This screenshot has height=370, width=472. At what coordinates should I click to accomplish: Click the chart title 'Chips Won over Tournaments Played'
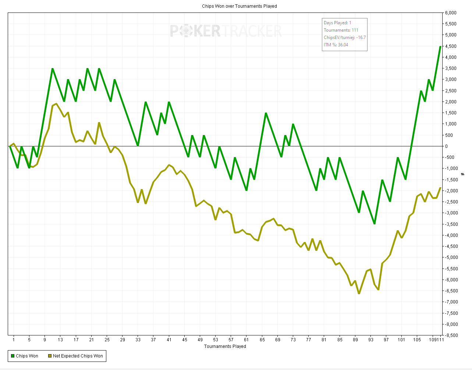point(239,6)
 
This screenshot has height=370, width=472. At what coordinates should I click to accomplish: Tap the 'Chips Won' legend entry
point(25,356)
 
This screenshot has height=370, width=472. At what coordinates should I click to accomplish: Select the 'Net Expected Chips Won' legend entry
point(75,356)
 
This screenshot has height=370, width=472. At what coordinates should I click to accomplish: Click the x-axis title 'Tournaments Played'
point(225,346)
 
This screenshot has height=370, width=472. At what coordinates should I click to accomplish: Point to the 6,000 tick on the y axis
point(451,13)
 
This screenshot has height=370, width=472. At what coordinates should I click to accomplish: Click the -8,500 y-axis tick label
point(451,335)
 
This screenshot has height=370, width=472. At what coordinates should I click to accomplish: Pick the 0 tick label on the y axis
point(446,146)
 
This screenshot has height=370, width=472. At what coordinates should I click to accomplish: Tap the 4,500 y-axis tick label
point(451,46)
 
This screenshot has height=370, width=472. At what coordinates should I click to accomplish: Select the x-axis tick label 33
point(138,340)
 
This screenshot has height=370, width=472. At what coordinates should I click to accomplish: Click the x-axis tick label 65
point(262,340)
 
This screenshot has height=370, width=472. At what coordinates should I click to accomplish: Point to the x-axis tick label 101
point(401,340)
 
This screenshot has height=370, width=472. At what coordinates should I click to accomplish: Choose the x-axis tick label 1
point(14,340)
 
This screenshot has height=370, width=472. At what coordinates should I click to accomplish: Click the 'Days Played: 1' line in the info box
point(337,23)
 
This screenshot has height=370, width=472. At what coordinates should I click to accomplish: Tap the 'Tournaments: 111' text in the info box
point(341,30)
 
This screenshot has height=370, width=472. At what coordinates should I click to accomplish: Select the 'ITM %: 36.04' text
point(336,45)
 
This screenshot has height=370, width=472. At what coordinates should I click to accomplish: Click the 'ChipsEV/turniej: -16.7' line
point(344,38)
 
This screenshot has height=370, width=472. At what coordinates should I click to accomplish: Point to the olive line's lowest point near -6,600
point(359,293)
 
